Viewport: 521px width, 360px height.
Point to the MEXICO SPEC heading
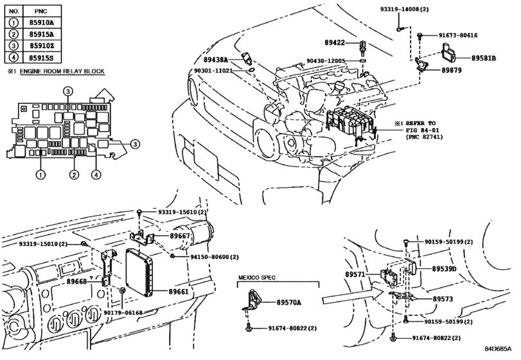(x=257, y=278)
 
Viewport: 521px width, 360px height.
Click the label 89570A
(x=289, y=302)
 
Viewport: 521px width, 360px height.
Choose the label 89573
(x=443, y=299)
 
